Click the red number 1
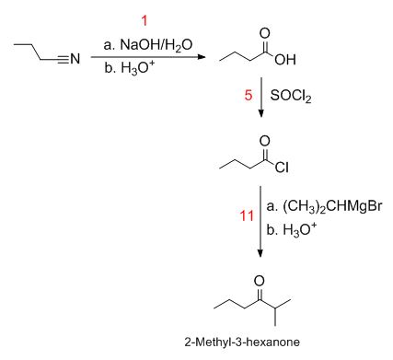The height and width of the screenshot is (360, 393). (x=144, y=19)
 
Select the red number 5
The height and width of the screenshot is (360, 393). (x=247, y=94)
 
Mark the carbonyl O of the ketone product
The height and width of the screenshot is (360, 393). (x=259, y=280)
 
